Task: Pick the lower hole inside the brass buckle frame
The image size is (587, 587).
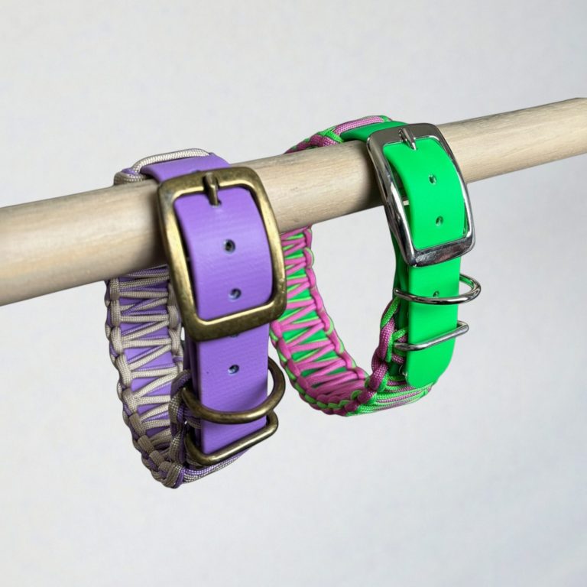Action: [235, 293]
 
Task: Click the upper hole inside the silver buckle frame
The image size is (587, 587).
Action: [432, 180]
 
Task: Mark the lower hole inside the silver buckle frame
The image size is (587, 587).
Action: [439, 222]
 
